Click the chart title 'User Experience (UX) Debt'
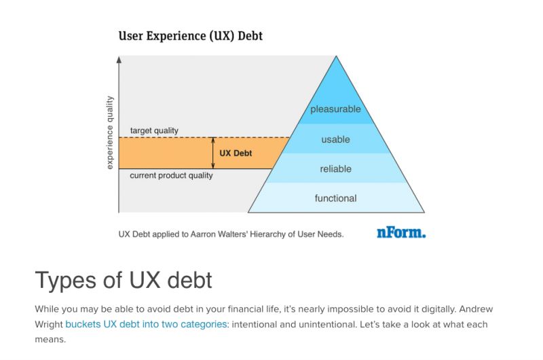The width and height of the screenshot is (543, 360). [x=190, y=35]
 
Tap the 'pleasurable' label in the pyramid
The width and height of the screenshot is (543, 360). [x=335, y=109]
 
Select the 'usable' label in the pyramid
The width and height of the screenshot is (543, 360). [x=335, y=139]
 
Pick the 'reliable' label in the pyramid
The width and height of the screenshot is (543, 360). [x=335, y=168]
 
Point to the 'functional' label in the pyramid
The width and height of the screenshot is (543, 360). [x=335, y=198]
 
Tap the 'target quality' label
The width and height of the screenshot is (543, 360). [x=154, y=130]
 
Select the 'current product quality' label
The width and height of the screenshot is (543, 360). [x=171, y=175]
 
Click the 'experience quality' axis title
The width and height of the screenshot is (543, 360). [x=110, y=132]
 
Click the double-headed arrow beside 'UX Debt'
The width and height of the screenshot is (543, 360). [x=213, y=153]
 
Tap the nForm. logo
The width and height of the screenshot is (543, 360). [x=401, y=233]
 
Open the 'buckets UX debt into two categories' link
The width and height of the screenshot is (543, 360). [x=146, y=324]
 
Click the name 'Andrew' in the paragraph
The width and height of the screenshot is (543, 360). [x=471, y=308]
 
